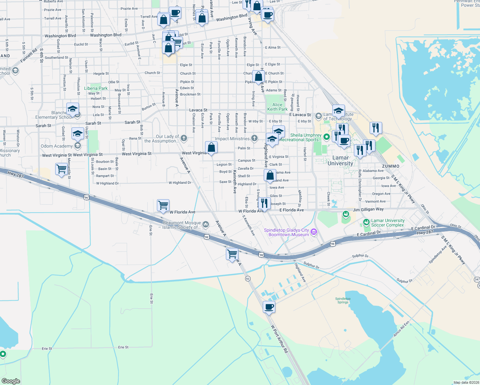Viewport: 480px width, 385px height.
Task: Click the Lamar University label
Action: [340, 160]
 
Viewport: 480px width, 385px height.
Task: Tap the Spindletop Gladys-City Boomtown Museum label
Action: [286, 232]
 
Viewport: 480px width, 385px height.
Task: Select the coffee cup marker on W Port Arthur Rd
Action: [269, 307]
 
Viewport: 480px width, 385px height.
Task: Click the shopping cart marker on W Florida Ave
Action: [163, 205]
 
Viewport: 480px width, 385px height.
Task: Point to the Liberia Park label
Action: [96, 88]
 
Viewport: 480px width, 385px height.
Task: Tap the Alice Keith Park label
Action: [277, 107]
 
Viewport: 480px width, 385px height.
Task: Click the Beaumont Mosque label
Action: [182, 225]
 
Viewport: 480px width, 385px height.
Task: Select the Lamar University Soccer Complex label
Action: [388, 223]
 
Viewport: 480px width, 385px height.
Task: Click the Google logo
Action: [11, 381]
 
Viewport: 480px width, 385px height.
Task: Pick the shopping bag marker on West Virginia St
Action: [211, 148]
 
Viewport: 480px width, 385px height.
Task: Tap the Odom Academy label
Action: [57, 146]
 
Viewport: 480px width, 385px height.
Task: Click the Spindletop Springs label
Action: [343, 300]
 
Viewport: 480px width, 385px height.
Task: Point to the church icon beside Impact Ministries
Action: [254, 138]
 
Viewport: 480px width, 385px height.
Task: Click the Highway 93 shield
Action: [248, 278]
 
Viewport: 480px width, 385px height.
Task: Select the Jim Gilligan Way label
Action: [368, 209]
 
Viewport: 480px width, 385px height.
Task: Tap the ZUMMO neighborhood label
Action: [390, 166]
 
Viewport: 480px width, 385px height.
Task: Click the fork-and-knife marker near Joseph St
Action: [264, 203]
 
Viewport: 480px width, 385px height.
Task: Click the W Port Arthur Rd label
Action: [279, 339]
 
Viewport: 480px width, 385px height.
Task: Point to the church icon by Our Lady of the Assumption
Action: [184, 138]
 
